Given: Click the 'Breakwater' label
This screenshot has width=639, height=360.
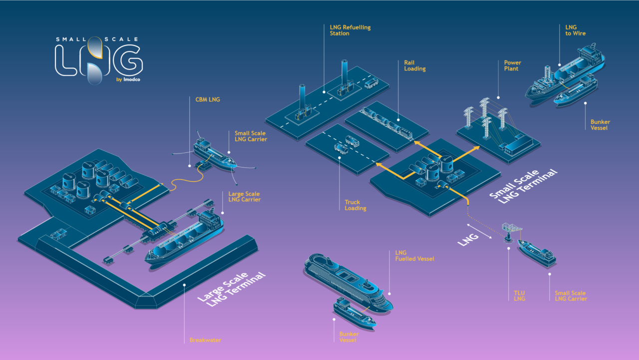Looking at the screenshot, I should pyautogui.click(x=205, y=340).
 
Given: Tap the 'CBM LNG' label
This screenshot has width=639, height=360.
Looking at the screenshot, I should pyautogui.click(x=208, y=100).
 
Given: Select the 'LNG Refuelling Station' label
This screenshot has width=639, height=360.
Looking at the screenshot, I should pyautogui.click(x=350, y=30).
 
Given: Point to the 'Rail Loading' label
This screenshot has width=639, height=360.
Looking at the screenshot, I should pyautogui.click(x=415, y=65).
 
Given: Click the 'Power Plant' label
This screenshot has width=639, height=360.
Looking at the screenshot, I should pyautogui.click(x=512, y=65).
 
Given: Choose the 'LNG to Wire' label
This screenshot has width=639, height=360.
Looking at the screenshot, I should pyautogui.click(x=575, y=30).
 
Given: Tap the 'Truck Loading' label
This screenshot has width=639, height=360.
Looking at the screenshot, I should pyautogui.click(x=355, y=205).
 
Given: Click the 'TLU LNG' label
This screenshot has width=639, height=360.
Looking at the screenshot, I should pyautogui.click(x=520, y=296).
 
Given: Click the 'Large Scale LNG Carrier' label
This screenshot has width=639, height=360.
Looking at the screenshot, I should pyautogui.click(x=244, y=197).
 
